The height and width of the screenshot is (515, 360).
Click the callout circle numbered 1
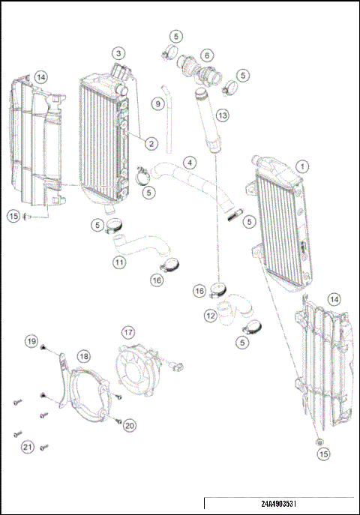point(301,166)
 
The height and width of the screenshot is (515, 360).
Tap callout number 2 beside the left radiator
point(151,143)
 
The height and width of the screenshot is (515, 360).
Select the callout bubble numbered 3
point(118,53)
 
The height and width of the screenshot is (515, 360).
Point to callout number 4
point(191,162)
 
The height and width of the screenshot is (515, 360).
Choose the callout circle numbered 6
point(206,55)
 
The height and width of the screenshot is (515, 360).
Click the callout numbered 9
point(158,103)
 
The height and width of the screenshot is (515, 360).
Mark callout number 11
point(119,262)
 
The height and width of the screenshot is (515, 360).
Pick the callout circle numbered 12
point(210,316)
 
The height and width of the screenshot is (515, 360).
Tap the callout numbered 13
point(221,115)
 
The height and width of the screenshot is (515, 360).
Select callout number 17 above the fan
point(128,331)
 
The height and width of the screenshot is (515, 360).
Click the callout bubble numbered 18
point(83,356)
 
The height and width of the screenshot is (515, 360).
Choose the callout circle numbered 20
point(129,425)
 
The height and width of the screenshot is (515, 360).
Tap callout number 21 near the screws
point(28,447)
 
